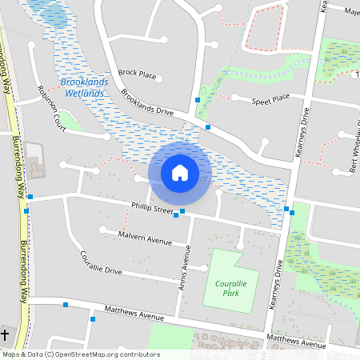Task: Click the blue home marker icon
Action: point(180,172)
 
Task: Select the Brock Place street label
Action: point(137,74)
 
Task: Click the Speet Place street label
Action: point(270,100)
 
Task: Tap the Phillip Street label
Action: point(153,210)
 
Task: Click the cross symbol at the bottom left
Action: point(6,334)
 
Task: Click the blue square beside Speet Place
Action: point(197,100)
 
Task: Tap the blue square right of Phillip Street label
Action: point(182,211)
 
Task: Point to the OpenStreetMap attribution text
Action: point(81,354)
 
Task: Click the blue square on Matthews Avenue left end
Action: point(93,319)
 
